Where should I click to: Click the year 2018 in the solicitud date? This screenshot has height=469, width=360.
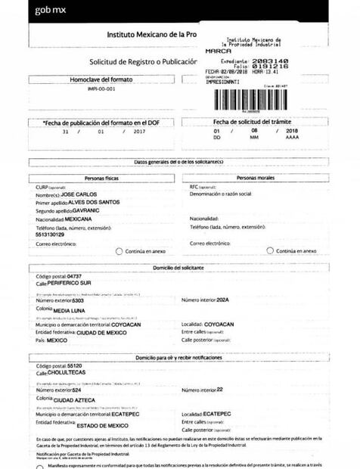point(293,130)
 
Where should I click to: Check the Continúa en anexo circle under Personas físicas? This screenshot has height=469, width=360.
point(119,251)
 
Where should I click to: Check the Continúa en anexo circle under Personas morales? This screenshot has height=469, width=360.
point(270,251)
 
